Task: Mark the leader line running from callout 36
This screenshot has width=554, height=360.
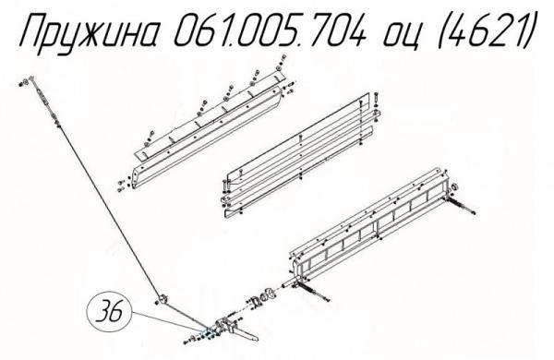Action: click(166, 322)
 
